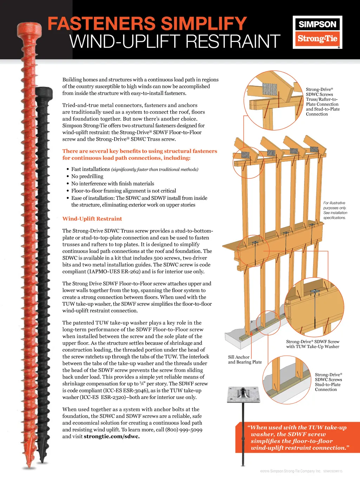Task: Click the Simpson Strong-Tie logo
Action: click(317, 32)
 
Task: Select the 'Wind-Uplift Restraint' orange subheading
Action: click(92, 219)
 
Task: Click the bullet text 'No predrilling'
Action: click(87, 176)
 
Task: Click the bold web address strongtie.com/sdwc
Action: click(112, 437)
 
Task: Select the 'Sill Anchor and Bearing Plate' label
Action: click(245, 360)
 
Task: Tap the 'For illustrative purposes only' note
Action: click(335, 210)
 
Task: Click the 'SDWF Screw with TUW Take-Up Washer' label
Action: click(313, 344)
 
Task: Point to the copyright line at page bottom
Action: click(301, 471)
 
